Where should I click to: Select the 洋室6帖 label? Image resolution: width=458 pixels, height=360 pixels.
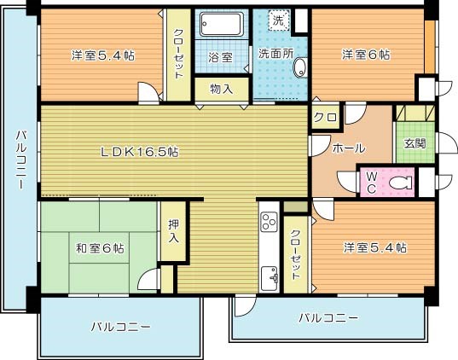pyautogui.click(x=366, y=55)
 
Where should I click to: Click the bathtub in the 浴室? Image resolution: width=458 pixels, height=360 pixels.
pyautogui.click(x=221, y=27)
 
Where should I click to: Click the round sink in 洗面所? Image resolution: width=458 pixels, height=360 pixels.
pyautogui.click(x=299, y=74)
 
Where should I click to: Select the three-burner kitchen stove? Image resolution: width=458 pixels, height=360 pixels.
pyautogui.click(x=269, y=224)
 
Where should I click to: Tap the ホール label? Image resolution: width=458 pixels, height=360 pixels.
pyautogui.click(x=348, y=148)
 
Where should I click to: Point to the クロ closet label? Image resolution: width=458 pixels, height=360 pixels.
pyautogui.click(x=323, y=118)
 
